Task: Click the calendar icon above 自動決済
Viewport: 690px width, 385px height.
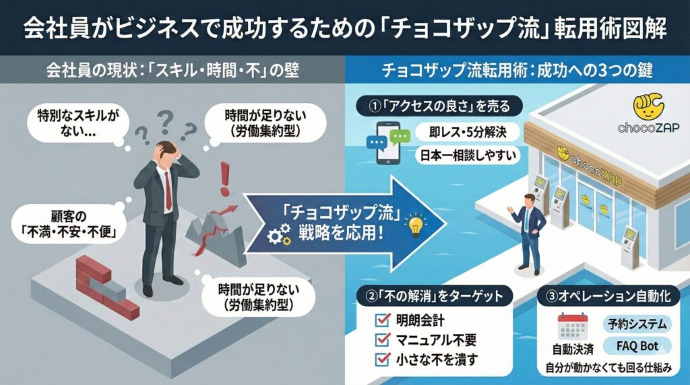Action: [x=573, y=327]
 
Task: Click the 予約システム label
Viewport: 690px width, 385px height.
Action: [x=636, y=324]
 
